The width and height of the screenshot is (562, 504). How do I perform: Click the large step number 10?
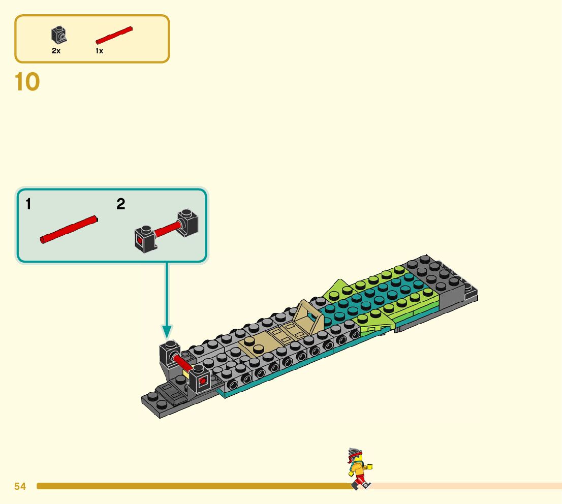pyautogui.click(x=27, y=82)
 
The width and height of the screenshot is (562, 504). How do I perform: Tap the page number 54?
pyautogui.click(x=20, y=487)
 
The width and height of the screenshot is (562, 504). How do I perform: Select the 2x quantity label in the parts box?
pyautogui.click(x=56, y=51)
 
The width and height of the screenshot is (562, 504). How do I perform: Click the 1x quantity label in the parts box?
pyautogui.click(x=99, y=51)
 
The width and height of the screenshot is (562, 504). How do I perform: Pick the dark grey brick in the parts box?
pyautogui.click(x=59, y=35)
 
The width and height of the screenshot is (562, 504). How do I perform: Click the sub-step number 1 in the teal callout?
pyautogui.click(x=28, y=205)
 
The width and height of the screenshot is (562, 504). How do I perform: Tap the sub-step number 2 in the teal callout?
pyautogui.click(x=120, y=205)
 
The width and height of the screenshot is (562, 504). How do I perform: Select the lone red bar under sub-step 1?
pyautogui.click(x=69, y=230)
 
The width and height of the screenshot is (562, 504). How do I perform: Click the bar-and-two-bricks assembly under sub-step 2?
pyautogui.click(x=166, y=230)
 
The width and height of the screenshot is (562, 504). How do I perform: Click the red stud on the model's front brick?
pyautogui.click(x=202, y=380)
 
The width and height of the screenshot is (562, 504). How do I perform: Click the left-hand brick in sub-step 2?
pyautogui.click(x=144, y=239)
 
